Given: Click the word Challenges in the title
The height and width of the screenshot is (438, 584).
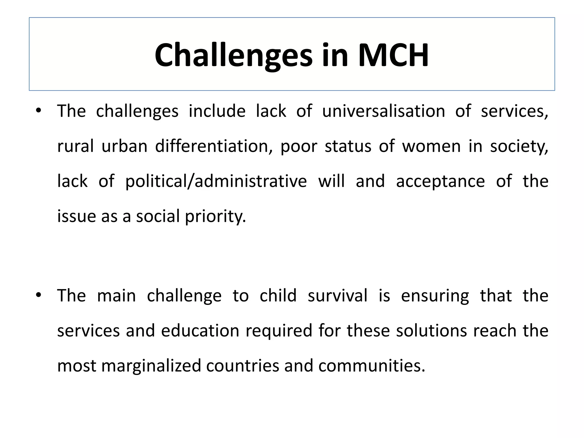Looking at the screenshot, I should (233, 55).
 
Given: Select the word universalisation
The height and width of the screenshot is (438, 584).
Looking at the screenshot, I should (384, 111).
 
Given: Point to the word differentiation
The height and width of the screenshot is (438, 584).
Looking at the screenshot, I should (212, 146).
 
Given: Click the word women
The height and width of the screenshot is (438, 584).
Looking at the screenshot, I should (431, 147).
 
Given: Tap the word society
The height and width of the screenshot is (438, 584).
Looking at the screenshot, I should (519, 147).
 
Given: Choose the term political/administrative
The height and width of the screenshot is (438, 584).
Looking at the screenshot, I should (216, 181).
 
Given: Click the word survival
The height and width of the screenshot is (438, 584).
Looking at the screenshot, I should (338, 295).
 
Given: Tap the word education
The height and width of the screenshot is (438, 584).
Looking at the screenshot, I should (200, 331).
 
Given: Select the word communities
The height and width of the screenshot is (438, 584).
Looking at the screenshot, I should (372, 366).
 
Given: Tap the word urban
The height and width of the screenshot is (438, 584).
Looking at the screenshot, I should (124, 146).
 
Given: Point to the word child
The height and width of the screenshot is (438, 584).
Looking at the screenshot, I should (278, 295).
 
